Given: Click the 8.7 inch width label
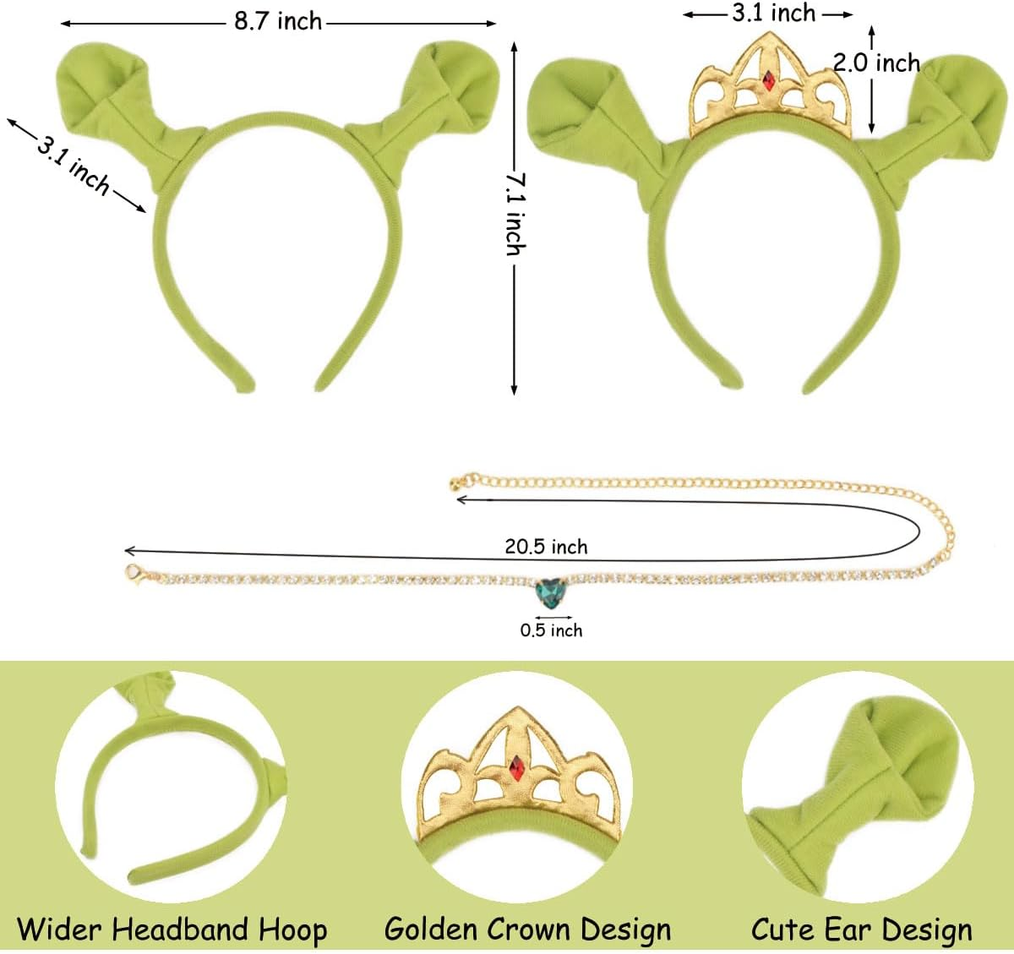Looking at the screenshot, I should coord(278,21).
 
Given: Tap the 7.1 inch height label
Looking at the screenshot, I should coord(515,215).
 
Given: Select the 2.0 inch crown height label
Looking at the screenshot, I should coord(876,63).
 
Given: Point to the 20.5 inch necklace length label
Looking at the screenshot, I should coord(546,547).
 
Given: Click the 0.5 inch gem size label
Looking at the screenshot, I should coord(551,630).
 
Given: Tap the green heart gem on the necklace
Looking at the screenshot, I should coord(553,591).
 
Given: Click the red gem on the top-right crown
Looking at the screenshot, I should coord(768,81).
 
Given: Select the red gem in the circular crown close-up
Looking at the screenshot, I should coord(516,767).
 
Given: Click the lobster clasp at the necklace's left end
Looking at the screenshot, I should coord(133,574).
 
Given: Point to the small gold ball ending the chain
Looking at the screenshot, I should coord(456,482).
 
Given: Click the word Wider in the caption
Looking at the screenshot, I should coord(60,929).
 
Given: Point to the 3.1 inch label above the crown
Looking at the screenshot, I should coord(773,14).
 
